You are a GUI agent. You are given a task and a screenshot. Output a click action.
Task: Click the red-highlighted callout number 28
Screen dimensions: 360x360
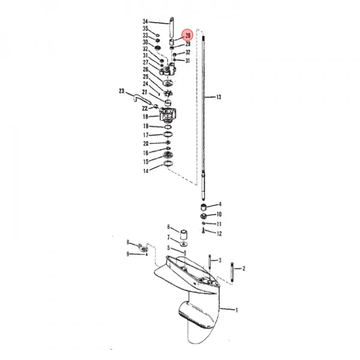coord(188,36)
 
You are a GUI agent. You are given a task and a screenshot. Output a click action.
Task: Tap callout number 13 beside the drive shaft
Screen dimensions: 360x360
coord(218,97)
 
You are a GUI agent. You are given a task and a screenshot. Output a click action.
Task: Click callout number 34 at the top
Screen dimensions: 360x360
coord(145,22)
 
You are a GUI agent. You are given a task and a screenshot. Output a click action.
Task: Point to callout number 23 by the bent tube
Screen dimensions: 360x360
coord(121,91)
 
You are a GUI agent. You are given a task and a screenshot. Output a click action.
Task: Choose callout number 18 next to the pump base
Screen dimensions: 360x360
coord(145,116)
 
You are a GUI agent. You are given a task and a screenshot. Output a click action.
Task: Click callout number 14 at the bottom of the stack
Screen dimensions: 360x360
coord(145,172)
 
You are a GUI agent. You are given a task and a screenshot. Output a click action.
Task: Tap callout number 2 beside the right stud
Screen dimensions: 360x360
coord(243,268)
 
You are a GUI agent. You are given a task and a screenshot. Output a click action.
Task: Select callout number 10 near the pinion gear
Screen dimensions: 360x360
coord(219,214)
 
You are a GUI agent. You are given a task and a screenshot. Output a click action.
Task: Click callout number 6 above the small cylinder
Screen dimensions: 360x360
coord(168,227)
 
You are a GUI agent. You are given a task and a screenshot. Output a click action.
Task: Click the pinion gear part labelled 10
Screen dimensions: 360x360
coord(204,216)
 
